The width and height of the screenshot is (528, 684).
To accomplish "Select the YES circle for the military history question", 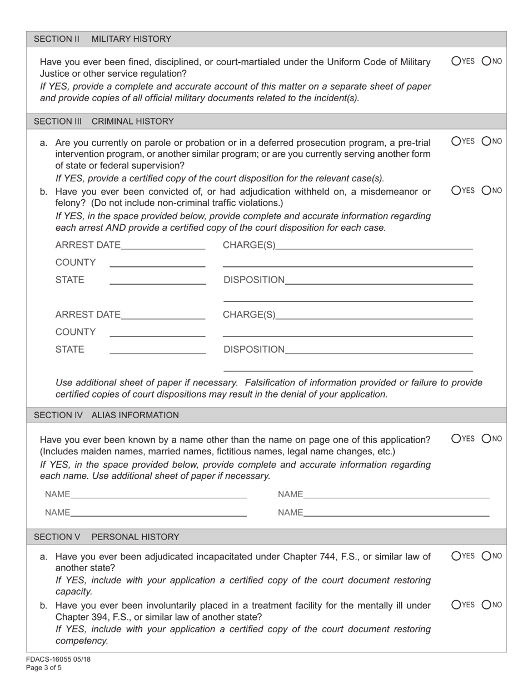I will (x=456, y=61).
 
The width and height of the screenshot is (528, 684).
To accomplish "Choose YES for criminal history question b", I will (x=456, y=190).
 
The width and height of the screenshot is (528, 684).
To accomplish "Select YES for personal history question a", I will (x=456, y=556).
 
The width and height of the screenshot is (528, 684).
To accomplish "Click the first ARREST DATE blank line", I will (x=162, y=246).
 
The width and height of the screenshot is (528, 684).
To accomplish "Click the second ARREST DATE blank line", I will (x=162, y=316).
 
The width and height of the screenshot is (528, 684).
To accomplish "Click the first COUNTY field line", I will (x=157, y=264).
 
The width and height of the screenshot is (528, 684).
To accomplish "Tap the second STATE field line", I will (x=157, y=350).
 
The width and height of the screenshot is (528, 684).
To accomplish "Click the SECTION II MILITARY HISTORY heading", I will (x=102, y=39).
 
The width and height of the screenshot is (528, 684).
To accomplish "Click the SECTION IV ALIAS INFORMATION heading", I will (x=106, y=415).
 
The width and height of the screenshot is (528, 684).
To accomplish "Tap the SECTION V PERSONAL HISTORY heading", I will (x=106, y=537).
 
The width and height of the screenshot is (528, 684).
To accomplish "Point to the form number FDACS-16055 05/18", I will (x=58, y=660).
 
